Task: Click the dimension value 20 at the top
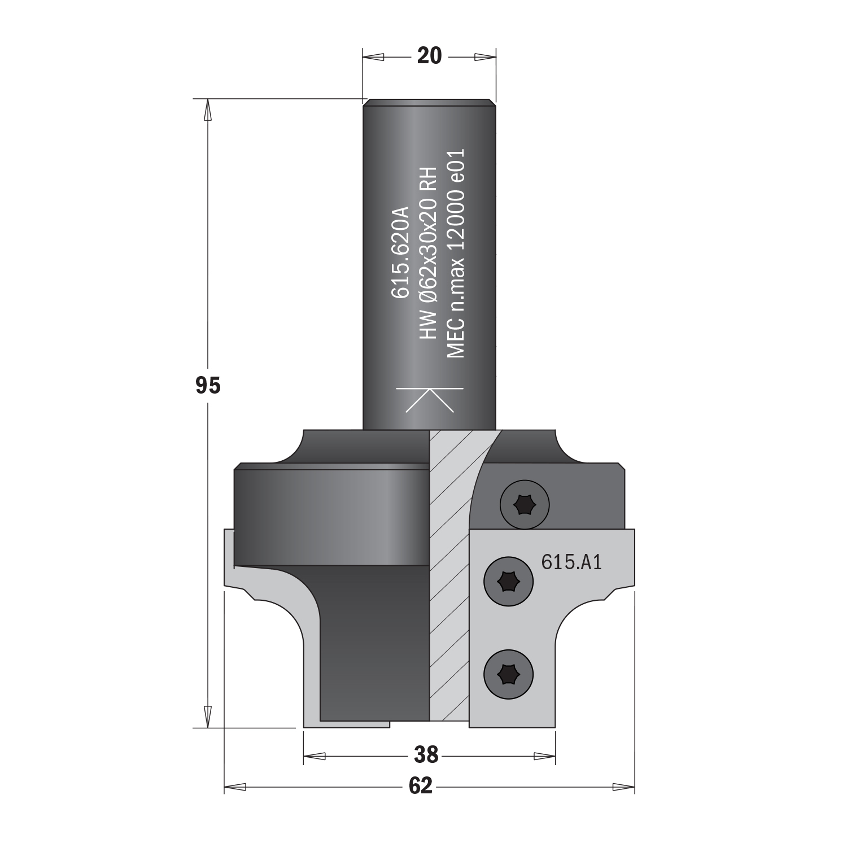point(429,56)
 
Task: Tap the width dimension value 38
point(426,754)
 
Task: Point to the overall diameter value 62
point(421,786)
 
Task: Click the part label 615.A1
point(571,561)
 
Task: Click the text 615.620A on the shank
point(399,251)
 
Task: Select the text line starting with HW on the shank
point(428,253)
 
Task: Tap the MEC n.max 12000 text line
point(455,253)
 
